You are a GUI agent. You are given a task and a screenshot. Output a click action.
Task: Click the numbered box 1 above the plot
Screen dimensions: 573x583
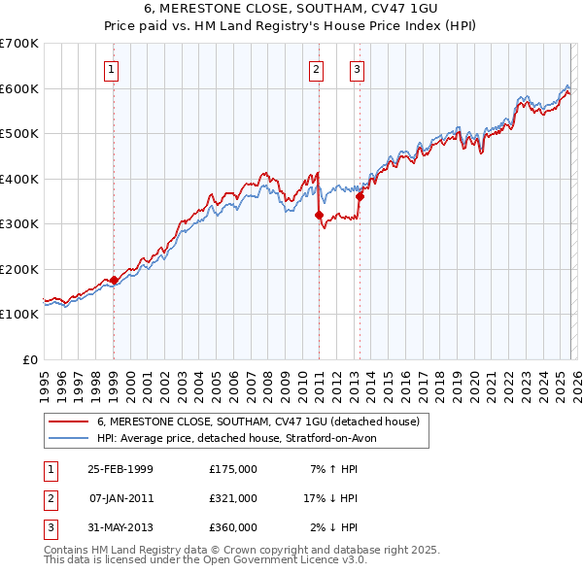point(113,69)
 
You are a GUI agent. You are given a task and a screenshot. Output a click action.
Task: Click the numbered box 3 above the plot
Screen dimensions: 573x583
point(358,69)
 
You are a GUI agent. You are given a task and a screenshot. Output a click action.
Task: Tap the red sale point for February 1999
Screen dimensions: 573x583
point(114,281)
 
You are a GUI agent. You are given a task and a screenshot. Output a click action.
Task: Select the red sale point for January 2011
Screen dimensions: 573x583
point(319,215)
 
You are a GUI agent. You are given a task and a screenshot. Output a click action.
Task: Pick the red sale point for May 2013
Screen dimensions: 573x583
point(360,197)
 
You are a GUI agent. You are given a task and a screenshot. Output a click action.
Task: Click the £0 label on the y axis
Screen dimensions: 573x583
point(31,359)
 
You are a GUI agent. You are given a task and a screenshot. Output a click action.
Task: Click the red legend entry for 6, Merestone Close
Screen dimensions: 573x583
point(257,421)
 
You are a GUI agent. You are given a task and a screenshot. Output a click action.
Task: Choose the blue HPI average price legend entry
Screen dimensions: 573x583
point(243,438)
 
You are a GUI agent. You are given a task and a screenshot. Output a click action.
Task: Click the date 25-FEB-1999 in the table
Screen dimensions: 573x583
point(120,469)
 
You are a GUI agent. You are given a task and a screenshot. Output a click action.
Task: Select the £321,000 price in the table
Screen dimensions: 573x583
point(233,498)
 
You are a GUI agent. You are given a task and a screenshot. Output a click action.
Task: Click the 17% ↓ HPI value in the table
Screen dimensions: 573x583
point(330,498)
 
